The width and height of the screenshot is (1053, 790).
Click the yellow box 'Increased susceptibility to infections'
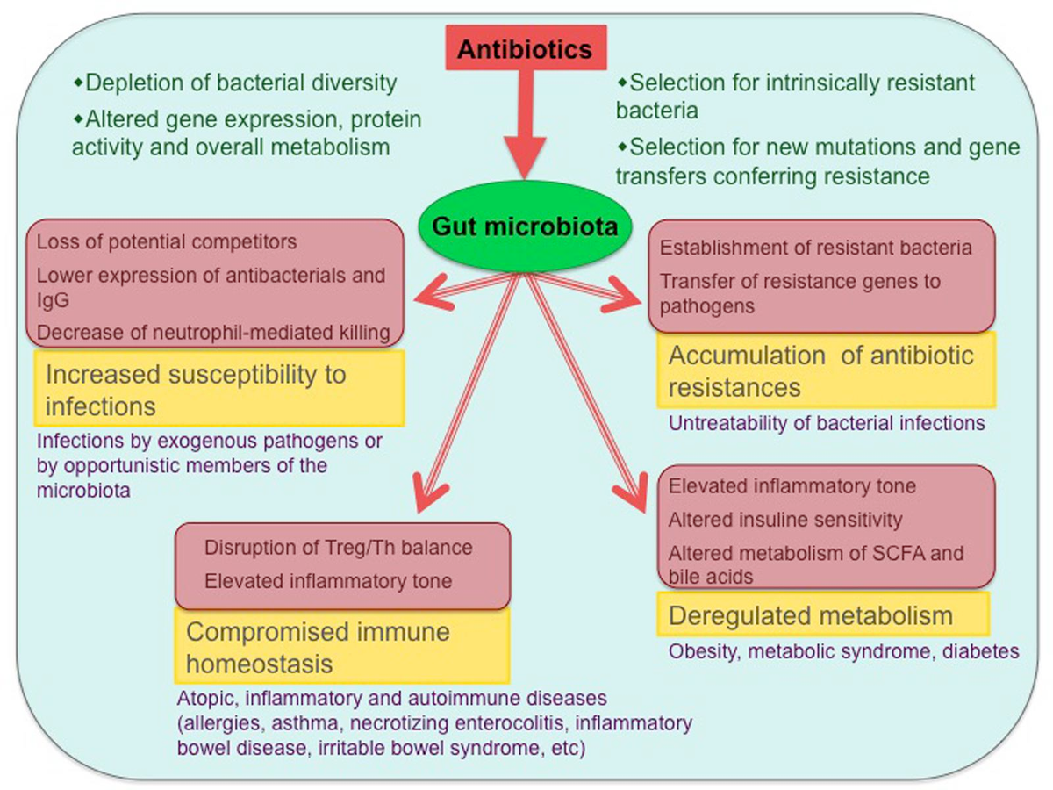pyautogui.click(x=218, y=389)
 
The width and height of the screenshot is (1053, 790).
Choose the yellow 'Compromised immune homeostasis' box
pyautogui.click(x=342, y=647)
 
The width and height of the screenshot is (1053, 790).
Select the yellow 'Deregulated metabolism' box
pyautogui.click(x=823, y=615)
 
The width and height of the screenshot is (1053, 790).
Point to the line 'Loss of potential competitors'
pyautogui.click(x=167, y=241)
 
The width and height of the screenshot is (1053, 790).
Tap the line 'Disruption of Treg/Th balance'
pyautogui.click(x=339, y=548)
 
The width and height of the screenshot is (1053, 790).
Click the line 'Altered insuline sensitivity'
pyautogui.click(x=785, y=520)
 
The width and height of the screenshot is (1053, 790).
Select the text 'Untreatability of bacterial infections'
pyautogui.click(x=827, y=423)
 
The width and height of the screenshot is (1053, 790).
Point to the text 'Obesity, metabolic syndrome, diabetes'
pyautogui.click(x=843, y=652)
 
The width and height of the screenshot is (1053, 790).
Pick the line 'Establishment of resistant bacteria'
pyautogui.click(x=815, y=248)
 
